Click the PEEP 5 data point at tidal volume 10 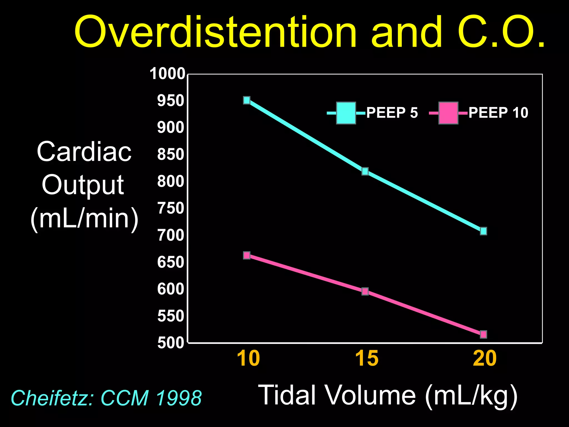tap(247, 100)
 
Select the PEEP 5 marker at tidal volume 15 tap(365, 171)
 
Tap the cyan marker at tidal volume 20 tap(483, 231)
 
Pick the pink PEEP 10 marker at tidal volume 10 tap(247, 255)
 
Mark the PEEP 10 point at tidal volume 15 tap(365, 291)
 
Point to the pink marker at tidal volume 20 tap(483, 334)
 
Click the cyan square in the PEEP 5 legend tap(346, 113)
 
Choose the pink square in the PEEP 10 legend tap(448, 113)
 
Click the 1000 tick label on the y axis tap(167, 74)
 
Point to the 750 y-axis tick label tap(171, 208)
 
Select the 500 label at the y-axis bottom tap(171, 343)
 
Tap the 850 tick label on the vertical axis tap(171, 154)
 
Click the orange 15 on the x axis tap(367, 359)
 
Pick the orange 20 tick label tap(485, 359)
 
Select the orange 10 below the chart tap(248, 359)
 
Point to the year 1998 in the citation tap(179, 398)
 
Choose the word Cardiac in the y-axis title tap(84, 152)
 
